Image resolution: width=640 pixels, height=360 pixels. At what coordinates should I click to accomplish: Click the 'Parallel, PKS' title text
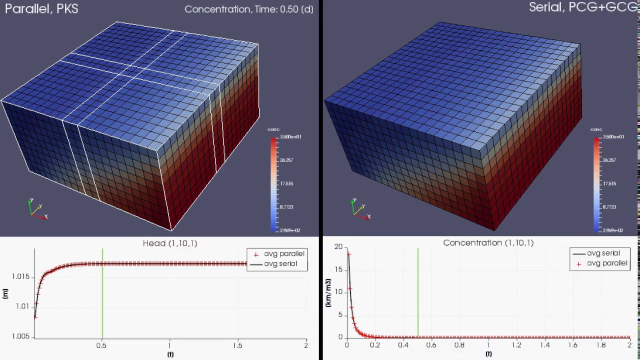(x=41, y=8)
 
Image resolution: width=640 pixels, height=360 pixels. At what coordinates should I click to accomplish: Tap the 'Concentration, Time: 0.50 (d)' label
(x=248, y=9)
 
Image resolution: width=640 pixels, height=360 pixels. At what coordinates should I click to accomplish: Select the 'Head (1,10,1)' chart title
(x=170, y=243)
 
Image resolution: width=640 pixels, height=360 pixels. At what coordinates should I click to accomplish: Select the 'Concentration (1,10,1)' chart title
(x=488, y=242)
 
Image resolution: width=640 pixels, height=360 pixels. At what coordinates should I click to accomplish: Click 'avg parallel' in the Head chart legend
(x=283, y=254)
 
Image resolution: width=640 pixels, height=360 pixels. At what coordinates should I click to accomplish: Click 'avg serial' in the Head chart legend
(x=280, y=264)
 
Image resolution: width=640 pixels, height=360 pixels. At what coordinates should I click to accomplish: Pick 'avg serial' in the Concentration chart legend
(x=603, y=253)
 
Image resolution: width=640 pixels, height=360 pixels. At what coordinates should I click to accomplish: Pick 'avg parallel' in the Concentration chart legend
(x=606, y=263)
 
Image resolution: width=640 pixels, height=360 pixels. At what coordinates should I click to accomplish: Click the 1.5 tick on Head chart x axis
(x=238, y=345)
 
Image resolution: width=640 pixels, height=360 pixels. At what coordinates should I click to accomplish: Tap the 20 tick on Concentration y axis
(x=338, y=247)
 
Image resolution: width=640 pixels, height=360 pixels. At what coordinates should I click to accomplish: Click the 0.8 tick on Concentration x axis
(x=459, y=345)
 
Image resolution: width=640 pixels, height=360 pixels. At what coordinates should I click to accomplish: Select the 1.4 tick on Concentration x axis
(x=544, y=345)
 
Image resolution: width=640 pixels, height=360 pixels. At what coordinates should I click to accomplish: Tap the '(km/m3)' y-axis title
(x=328, y=293)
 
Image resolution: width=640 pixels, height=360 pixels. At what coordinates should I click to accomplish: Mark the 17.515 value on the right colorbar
(x=609, y=183)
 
